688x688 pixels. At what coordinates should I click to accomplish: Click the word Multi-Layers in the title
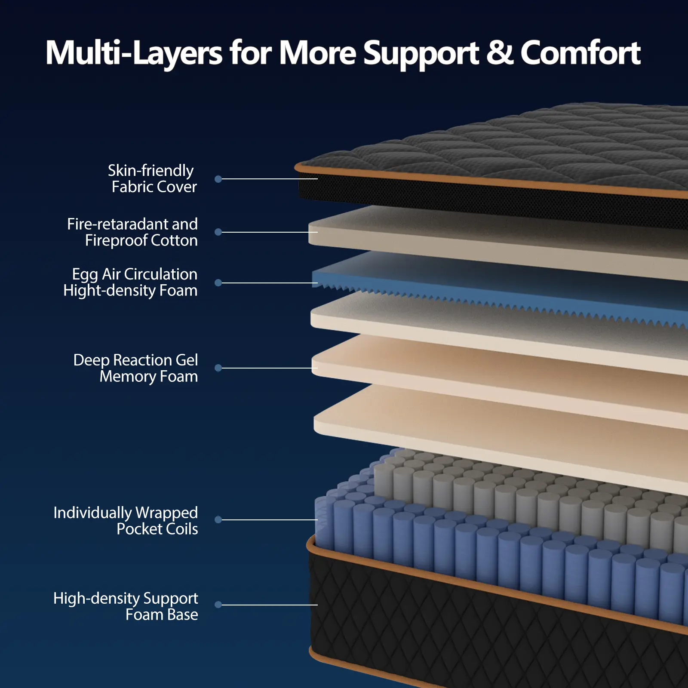[134, 53]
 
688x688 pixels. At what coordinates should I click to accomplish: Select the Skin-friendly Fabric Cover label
[152, 178]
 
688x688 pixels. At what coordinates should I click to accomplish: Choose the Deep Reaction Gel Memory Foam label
[136, 368]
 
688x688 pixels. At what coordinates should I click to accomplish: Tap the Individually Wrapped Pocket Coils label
[126, 520]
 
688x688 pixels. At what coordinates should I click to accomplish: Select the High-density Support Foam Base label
[126, 606]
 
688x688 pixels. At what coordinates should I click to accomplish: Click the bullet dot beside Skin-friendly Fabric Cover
[218, 179]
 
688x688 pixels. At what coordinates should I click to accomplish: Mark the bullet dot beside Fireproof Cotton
[218, 232]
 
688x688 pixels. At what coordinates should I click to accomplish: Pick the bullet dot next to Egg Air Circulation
[218, 283]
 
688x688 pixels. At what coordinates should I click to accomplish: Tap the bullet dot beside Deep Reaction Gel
[218, 368]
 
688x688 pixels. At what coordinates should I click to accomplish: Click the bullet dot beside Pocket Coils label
[218, 519]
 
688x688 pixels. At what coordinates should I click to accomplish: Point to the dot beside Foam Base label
[218, 605]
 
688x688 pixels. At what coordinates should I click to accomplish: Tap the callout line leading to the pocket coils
[269, 519]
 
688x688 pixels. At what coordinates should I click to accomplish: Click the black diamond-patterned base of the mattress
[430, 623]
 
